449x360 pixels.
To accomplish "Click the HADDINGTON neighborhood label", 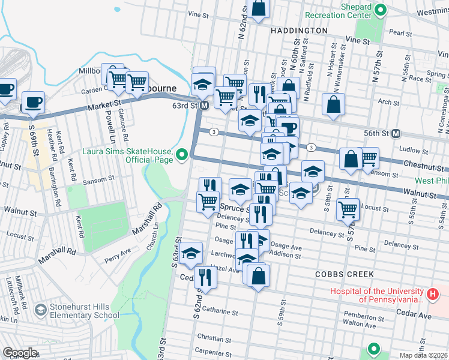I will point(299,30).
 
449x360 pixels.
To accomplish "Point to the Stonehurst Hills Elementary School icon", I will point(40,310).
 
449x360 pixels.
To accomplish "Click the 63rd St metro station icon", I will point(204,106).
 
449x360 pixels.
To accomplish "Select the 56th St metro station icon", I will point(396,134).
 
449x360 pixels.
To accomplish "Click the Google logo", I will point(19,353).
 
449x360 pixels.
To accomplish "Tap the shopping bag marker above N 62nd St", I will point(259,9).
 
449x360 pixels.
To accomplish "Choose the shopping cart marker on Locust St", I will point(348,209).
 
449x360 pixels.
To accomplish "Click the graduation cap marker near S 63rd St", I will point(191,254).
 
